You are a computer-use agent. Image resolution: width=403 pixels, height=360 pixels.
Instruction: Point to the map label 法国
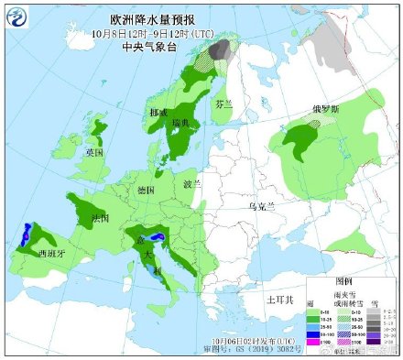point(101,219)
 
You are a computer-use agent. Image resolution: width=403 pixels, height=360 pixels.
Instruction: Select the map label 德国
point(145,190)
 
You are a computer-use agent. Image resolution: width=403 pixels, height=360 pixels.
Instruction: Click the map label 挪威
point(158,111)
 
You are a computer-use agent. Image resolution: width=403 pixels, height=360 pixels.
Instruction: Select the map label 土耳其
point(278,300)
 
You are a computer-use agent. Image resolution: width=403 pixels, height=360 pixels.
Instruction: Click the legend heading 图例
point(348,280)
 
